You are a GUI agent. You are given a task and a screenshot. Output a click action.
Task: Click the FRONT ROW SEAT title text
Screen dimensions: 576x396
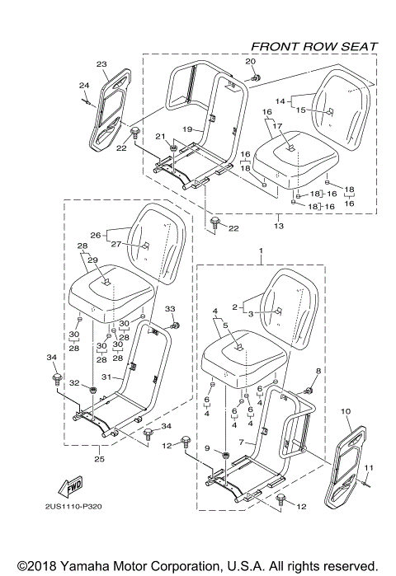(313, 46)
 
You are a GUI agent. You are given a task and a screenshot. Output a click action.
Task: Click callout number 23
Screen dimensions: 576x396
(101, 63)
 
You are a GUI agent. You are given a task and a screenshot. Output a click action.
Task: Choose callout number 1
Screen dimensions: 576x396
(262, 250)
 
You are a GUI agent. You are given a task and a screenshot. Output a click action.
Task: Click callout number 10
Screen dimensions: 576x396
(345, 410)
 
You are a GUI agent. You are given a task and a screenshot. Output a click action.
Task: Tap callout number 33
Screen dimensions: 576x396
(172, 308)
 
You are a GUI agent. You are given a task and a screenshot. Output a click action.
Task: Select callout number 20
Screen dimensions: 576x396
(251, 62)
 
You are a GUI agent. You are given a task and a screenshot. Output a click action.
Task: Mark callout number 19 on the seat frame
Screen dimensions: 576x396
(187, 129)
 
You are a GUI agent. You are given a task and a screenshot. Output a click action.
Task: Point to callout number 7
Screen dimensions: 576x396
(241, 443)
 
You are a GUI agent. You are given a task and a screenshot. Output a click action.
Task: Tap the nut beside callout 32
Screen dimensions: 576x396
(93, 388)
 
